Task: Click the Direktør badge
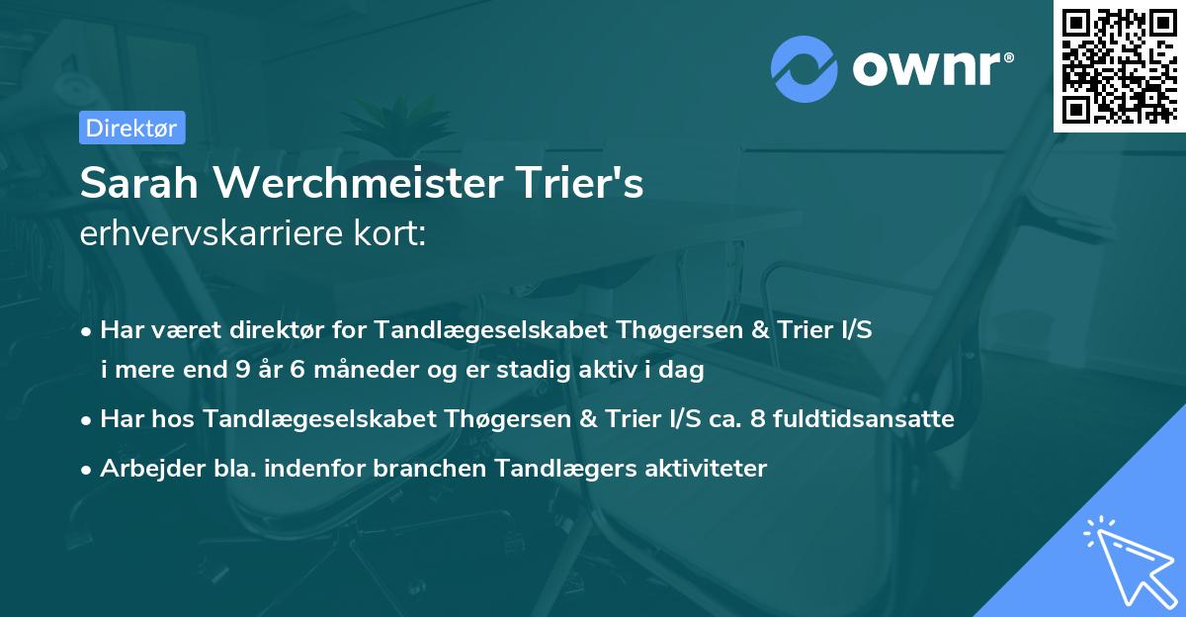(x=131, y=128)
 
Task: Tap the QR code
(x=1118, y=65)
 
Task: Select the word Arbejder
(x=147, y=468)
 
